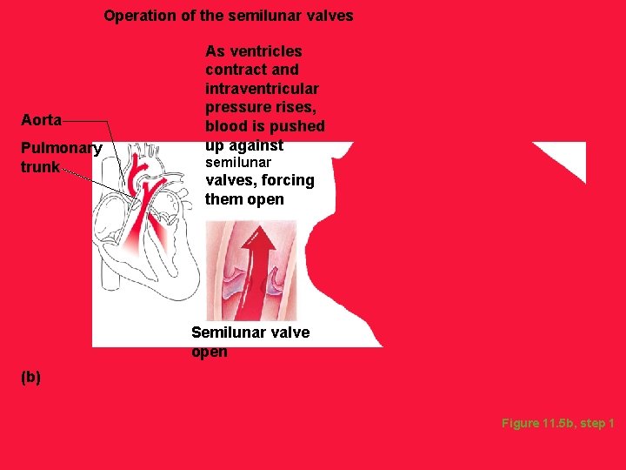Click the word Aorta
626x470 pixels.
coord(41,119)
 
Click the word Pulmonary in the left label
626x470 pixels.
coord(62,148)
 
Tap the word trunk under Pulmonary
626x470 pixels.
coord(40,166)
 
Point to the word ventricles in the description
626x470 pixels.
coord(265,50)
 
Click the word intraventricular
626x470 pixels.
coord(262,89)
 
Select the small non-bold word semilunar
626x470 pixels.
coord(237,163)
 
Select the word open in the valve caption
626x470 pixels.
coord(209,352)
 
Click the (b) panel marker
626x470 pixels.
coord(30,378)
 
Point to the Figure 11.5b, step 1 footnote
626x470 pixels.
coord(557,423)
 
